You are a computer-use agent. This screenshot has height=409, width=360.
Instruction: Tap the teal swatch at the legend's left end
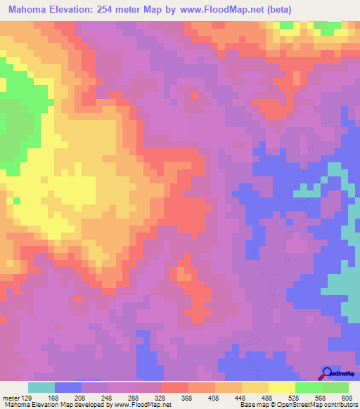(x=41, y=387)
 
